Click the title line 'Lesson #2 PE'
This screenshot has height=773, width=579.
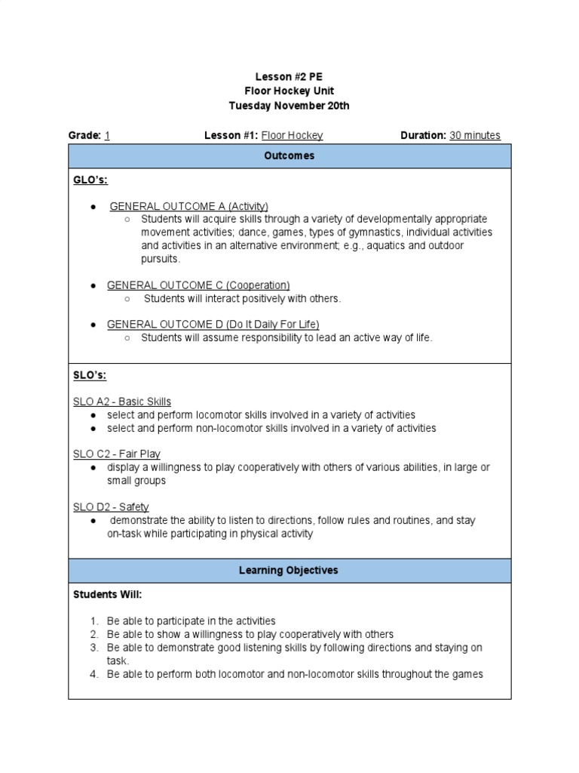[x=289, y=77]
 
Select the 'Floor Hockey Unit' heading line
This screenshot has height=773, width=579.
[x=289, y=91]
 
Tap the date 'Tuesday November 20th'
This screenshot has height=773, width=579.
[x=289, y=106]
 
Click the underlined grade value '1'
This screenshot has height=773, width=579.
[x=107, y=136]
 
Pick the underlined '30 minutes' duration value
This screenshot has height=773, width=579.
[x=475, y=136]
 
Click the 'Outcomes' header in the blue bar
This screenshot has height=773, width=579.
[x=289, y=156]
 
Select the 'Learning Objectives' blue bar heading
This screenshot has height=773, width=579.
[x=289, y=571]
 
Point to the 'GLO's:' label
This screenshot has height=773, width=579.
[x=90, y=180]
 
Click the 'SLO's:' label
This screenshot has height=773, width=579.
[x=90, y=376]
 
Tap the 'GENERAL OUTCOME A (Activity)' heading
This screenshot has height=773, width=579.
[x=188, y=206]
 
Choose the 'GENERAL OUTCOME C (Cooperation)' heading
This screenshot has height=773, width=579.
[x=198, y=285]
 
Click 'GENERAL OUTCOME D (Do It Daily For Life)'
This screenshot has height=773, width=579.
[x=213, y=324]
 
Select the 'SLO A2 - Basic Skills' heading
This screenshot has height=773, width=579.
[x=122, y=402]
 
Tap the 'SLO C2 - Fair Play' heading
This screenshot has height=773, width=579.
[x=116, y=454]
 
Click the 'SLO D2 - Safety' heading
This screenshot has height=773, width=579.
[x=111, y=507]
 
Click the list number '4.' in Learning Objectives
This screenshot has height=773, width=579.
[x=94, y=674]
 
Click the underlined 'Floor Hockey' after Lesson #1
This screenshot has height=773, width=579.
[x=292, y=136]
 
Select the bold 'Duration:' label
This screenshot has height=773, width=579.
[x=423, y=136]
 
